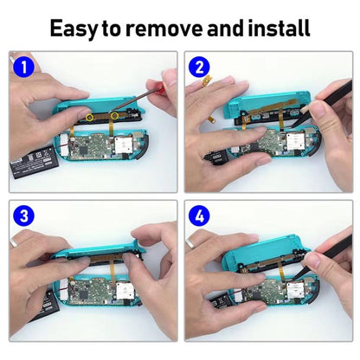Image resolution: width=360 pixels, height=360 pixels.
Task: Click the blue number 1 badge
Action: click(23, 67)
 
